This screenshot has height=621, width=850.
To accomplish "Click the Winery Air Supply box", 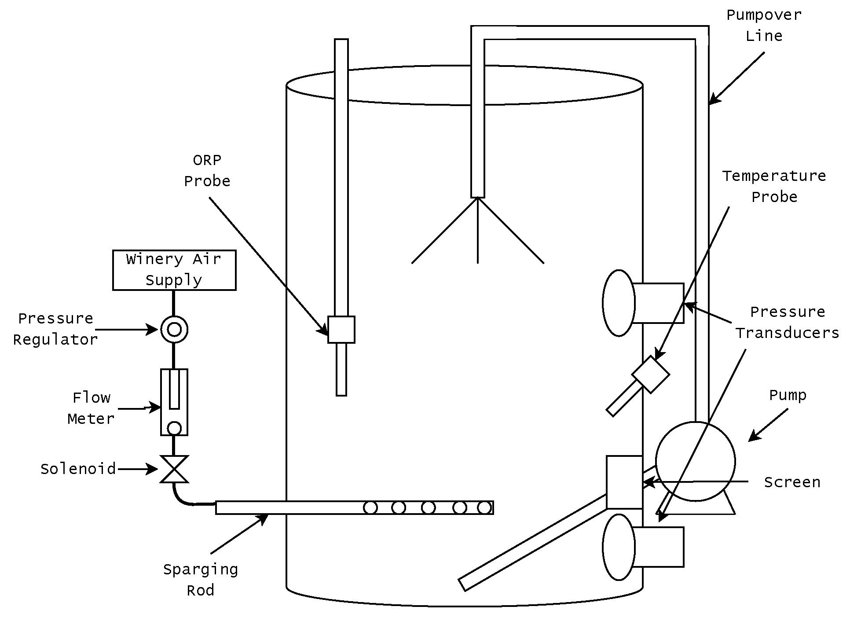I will pos(174,270).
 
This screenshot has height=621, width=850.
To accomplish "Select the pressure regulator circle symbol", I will pos(174,329).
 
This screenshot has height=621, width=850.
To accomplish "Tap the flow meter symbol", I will pos(174,402).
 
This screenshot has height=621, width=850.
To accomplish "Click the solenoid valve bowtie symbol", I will pos(174,469).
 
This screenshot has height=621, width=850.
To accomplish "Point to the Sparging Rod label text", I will pos(201,579).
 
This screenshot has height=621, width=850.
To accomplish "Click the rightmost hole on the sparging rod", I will pos(484,507).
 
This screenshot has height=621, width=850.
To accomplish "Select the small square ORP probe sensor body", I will pos(341,329).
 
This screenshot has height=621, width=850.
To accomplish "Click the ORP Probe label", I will pos(207,170).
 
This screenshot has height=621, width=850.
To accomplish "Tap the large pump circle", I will pos(695,461).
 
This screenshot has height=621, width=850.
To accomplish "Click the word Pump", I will pos(788,395).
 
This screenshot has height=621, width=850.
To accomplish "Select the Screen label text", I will pos(792,482).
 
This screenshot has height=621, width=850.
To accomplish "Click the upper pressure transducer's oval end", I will pos(619,303).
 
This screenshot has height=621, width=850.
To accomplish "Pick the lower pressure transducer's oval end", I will pos(619,547).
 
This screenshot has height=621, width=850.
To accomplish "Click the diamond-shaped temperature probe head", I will pos(651,375).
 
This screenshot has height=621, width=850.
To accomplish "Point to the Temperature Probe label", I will pos(774,186).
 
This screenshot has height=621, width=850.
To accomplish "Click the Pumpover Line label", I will pos(764,25).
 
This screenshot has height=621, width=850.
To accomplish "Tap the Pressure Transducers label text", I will pos(787,322).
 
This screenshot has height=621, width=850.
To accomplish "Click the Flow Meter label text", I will pos(91,408).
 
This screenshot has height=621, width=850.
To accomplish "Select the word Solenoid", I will pos(78,469).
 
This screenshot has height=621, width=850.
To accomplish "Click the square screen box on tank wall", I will pos(624,482).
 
